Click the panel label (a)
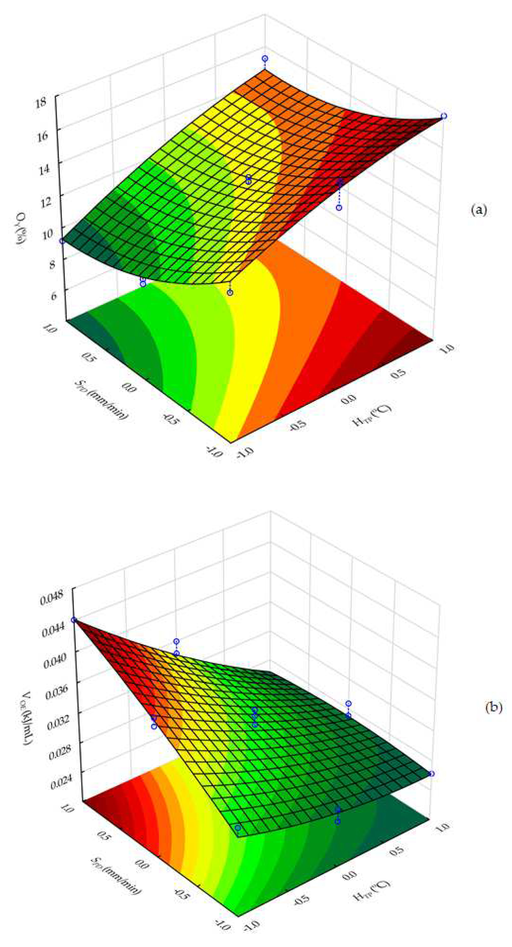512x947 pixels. coord(479,210)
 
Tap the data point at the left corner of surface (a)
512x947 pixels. coord(63,241)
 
